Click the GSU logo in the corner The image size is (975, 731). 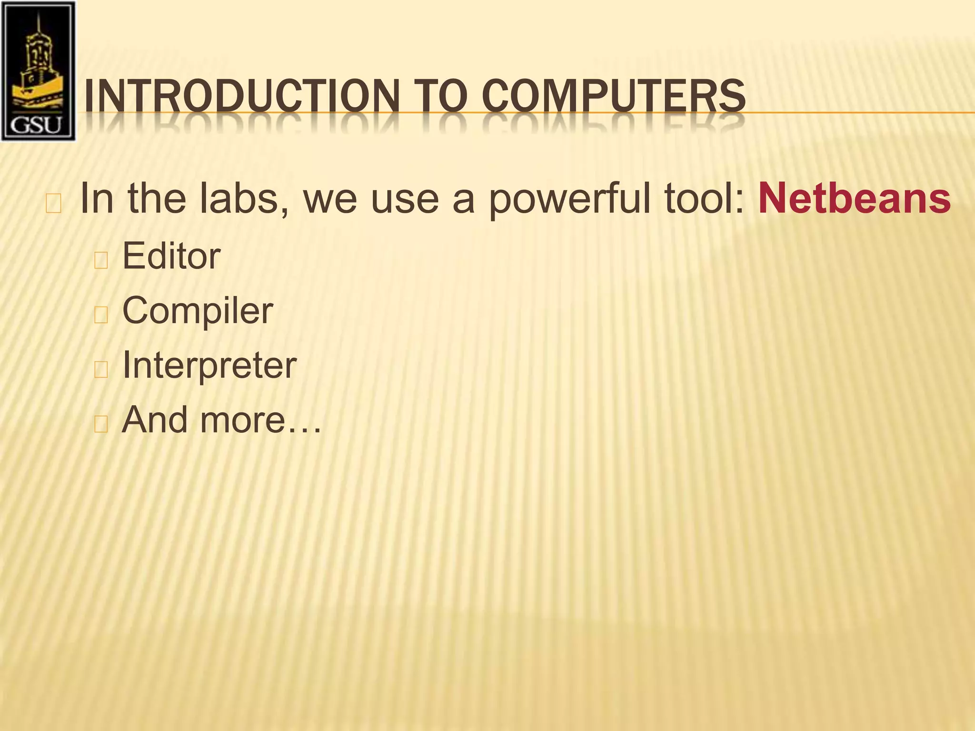(x=38, y=71)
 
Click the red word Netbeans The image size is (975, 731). (x=854, y=198)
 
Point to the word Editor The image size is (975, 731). (x=171, y=256)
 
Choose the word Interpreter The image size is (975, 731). (x=209, y=365)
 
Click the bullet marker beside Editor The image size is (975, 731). (x=101, y=260)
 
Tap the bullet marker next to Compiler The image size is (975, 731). (x=101, y=315)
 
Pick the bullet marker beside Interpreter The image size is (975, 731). (x=101, y=370)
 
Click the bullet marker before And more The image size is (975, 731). (x=101, y=424)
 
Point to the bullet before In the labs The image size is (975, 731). (x=53, y=203)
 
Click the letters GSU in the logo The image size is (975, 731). (x=36, y=126)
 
